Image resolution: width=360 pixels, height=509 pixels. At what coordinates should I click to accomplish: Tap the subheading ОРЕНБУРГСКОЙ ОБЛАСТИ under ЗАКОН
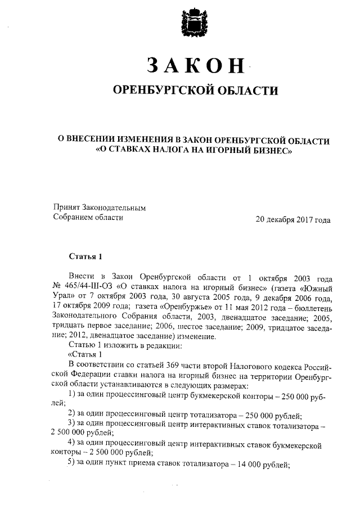195,91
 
